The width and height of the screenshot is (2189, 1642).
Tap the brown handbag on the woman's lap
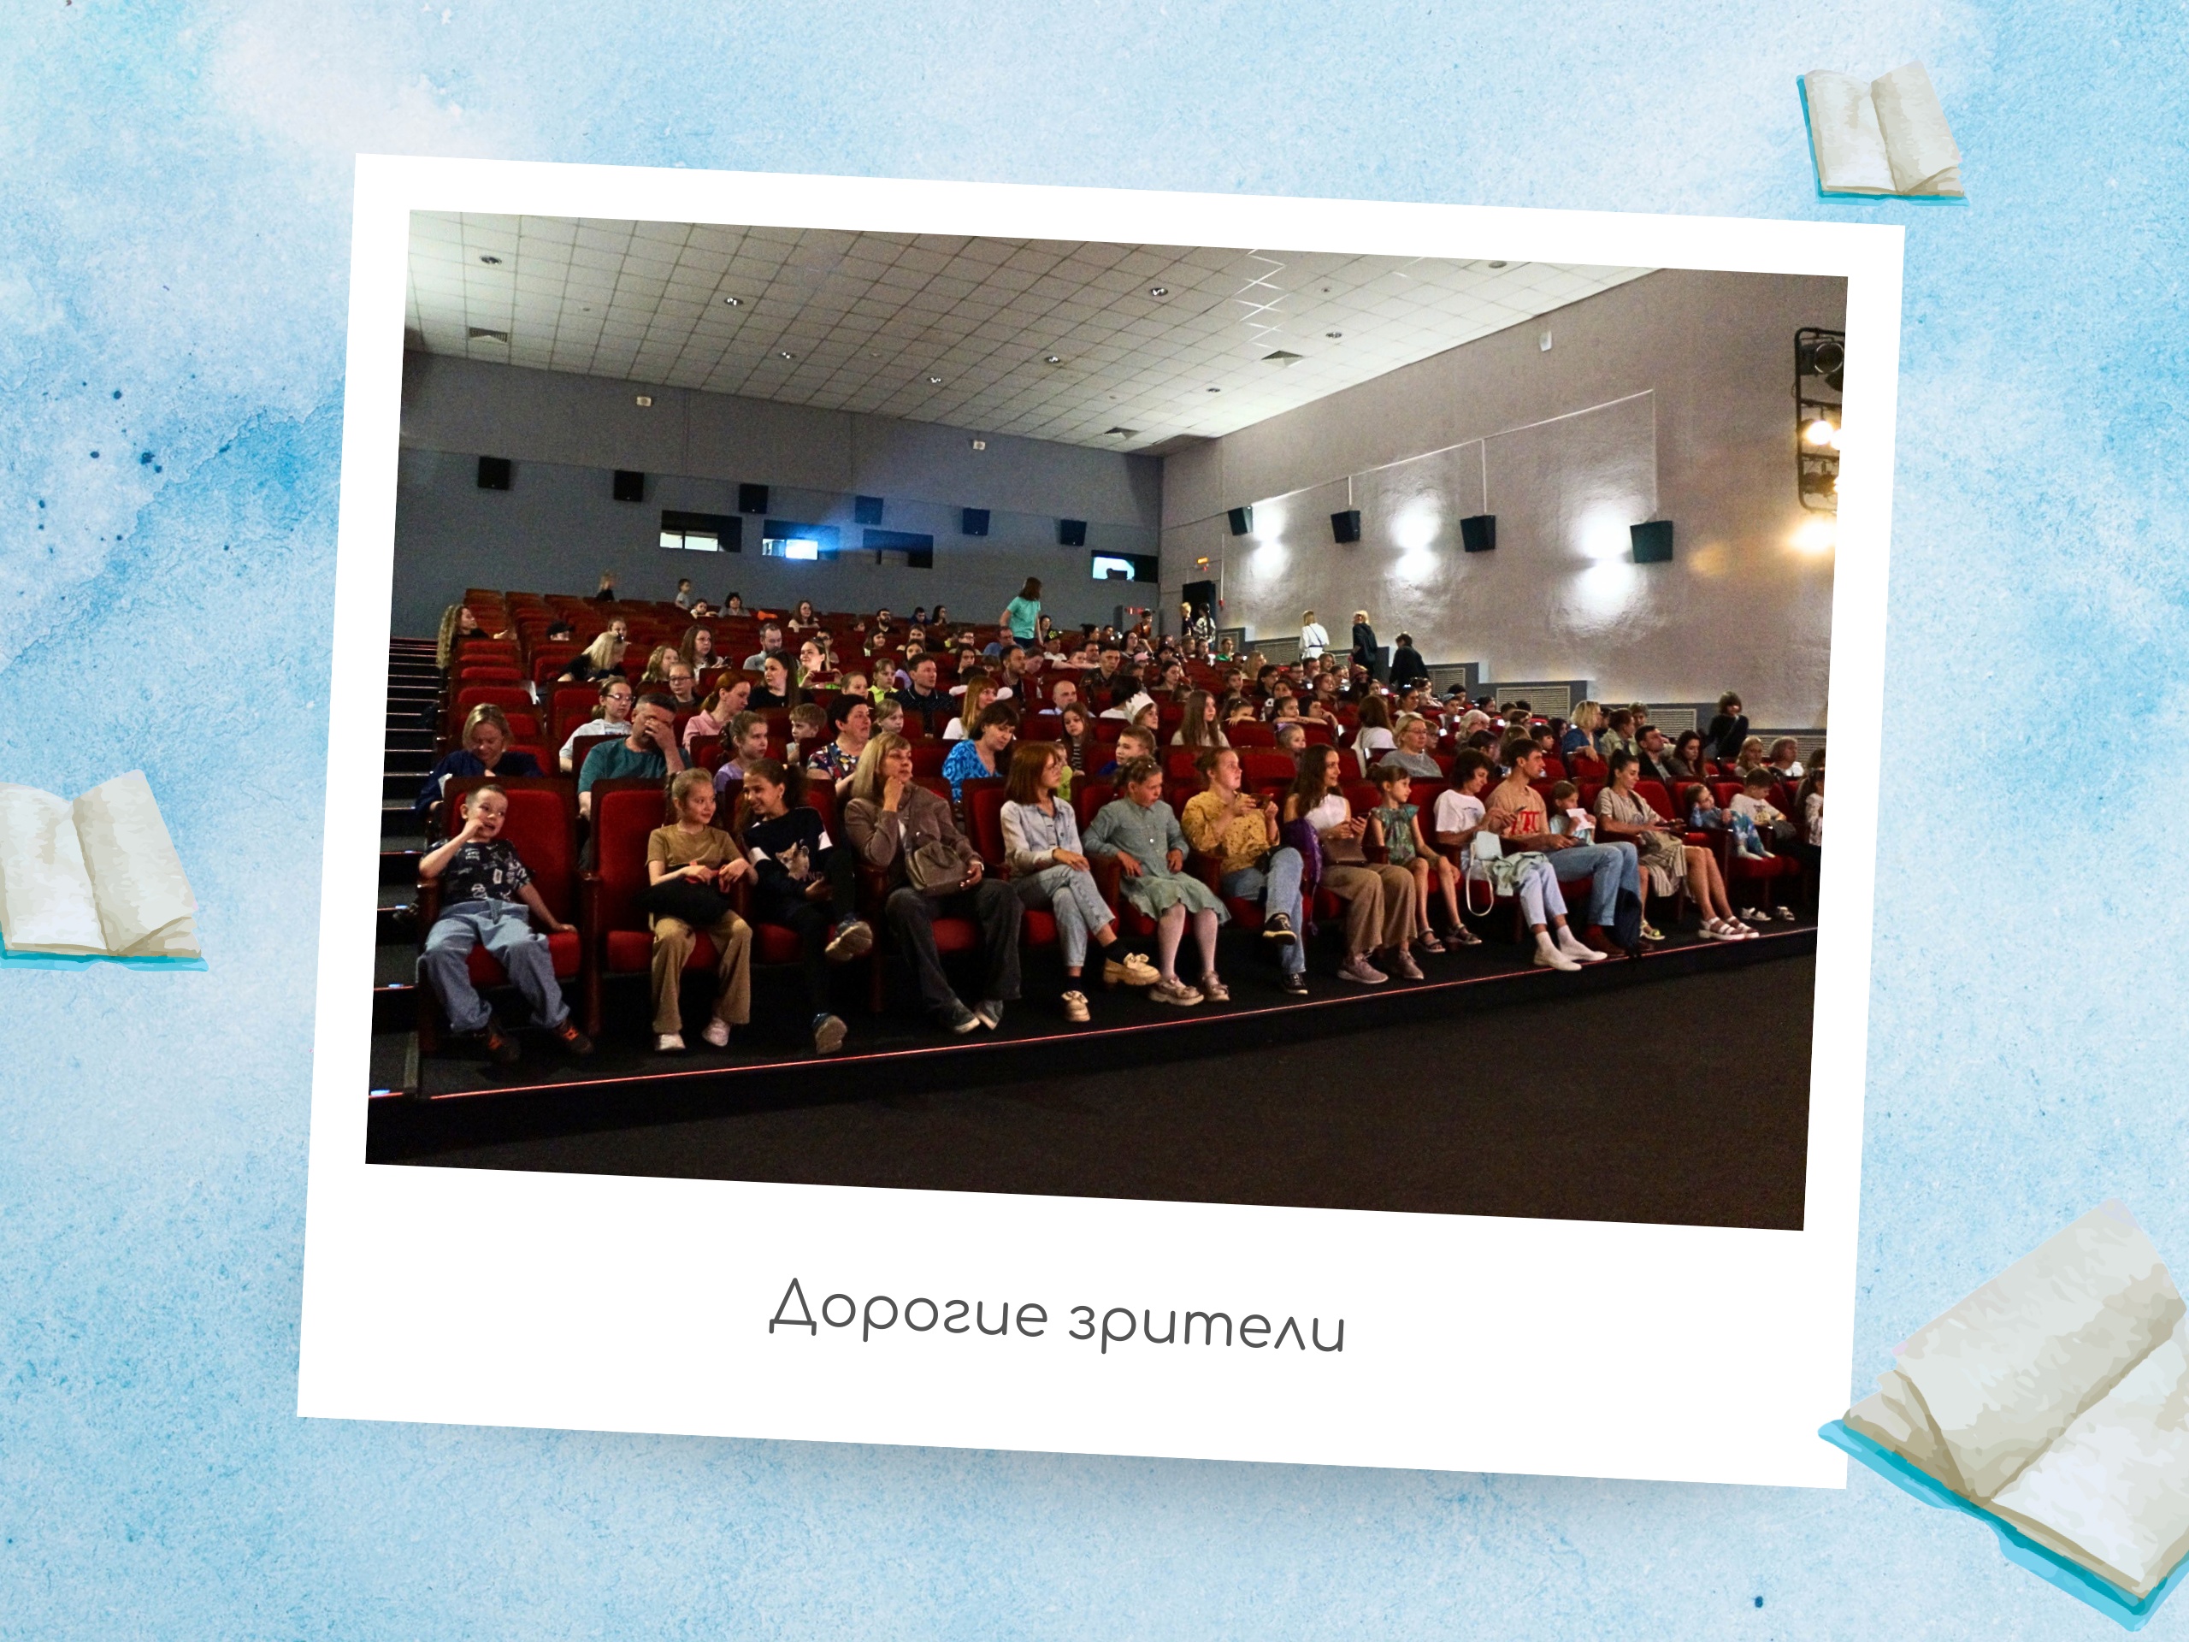click(935, 867)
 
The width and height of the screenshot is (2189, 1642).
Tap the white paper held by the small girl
click(1581, 819)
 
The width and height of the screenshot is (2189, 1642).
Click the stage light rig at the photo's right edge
click(1819, 421)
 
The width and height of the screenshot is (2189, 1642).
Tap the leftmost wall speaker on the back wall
click(493, 472)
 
